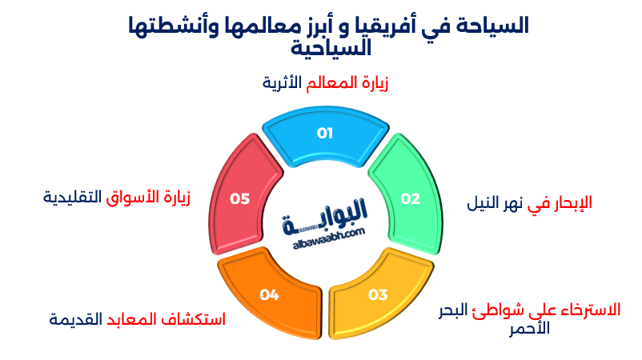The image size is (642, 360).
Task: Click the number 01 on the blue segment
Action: [x=324, y=133]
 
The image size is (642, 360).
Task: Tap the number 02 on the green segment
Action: [x=410, y=199]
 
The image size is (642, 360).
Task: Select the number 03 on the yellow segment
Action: [x=378, y=294]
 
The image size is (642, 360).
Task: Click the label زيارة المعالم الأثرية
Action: [x=325, y=83]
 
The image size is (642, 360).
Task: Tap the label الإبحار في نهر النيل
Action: [x=529, y=202]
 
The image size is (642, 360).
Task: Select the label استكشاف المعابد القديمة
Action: [x=137, y=319]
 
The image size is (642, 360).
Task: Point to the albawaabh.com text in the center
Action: [x=324, y=231]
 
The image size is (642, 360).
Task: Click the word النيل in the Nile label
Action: [x=485, y=202]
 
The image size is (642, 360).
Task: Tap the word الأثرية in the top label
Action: [x=285, y=83]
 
